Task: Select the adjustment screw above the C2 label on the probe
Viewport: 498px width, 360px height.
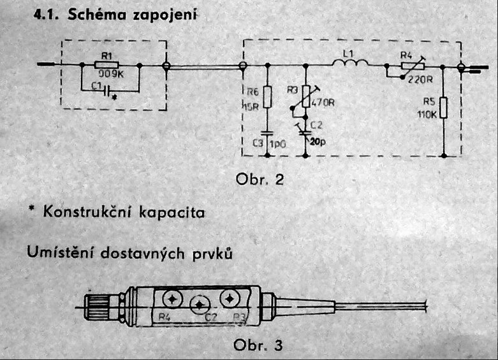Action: point(200,303)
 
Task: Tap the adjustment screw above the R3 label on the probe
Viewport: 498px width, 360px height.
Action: point(228,297)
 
